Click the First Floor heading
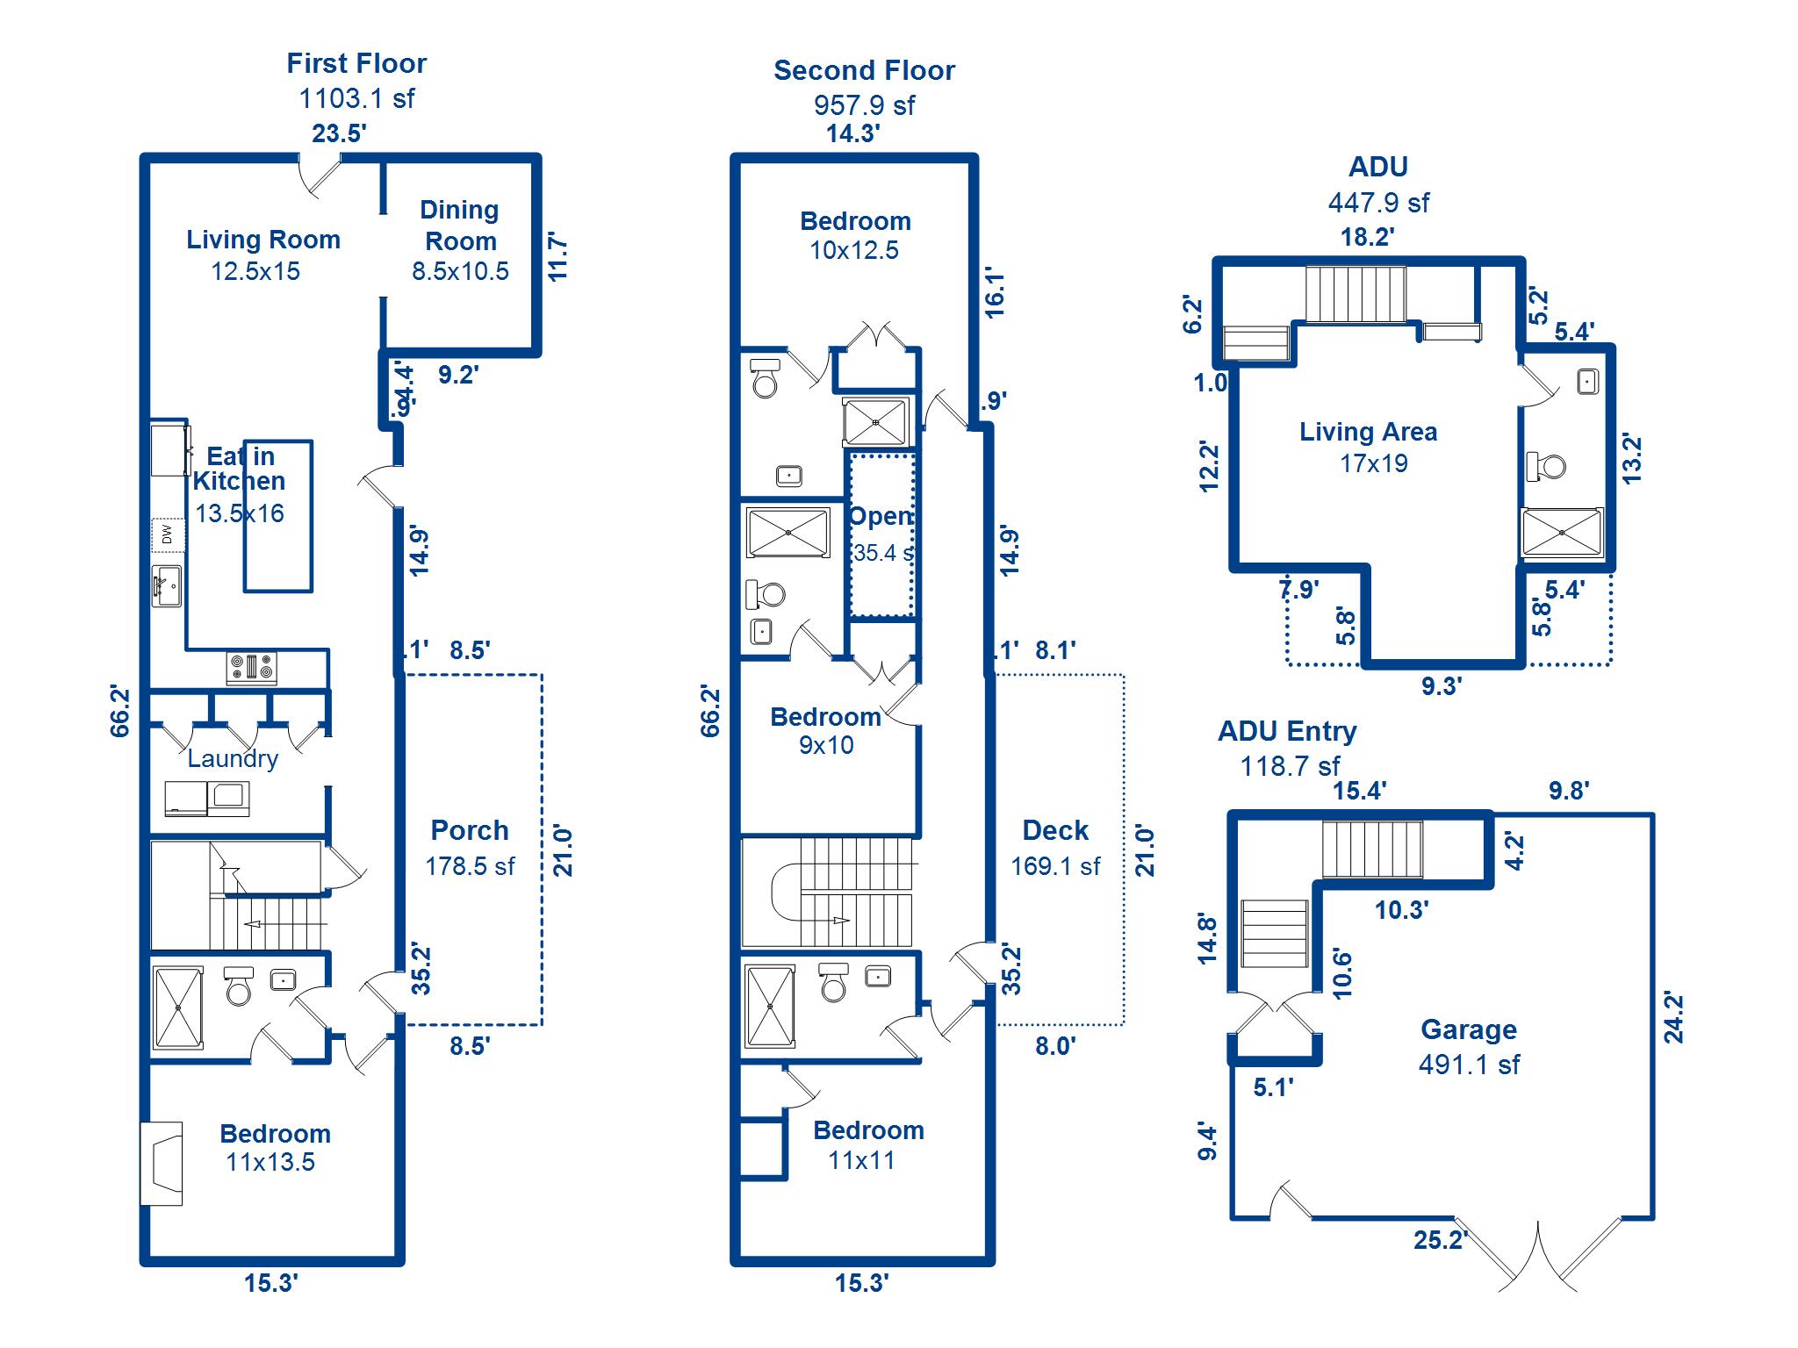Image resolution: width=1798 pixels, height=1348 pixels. [356, 63]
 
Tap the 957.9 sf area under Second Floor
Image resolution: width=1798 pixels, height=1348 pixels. [864, 105]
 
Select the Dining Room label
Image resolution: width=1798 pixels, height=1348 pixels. [460, 226]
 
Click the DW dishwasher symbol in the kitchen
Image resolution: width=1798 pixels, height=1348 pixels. [168, 534]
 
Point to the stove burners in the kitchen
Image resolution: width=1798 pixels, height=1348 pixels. [252, 669]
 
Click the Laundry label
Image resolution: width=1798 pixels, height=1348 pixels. [233, 758]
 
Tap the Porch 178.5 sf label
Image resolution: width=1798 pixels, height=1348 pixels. [470, 848]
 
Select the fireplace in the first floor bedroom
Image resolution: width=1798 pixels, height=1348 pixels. [162, 1164]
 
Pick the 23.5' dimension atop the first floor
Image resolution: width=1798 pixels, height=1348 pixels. [339, 133]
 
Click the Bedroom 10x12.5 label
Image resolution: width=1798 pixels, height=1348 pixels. [855, 235]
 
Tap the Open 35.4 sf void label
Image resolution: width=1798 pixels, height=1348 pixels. [881, 534]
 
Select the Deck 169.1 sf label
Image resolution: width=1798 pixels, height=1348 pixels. [1055, 848]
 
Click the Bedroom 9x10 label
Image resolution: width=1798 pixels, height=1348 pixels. [825, 730]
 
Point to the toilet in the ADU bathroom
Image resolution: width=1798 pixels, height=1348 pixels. [1547, 466]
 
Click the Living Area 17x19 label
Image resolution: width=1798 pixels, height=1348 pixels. [1369, 447]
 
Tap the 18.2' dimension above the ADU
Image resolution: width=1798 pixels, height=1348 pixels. [1367, 237]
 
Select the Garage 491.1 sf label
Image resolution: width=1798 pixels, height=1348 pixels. [1469, 1046]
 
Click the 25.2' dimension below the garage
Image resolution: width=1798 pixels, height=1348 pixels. [1440, 1240]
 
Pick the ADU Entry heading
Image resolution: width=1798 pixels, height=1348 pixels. [1287, 731]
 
